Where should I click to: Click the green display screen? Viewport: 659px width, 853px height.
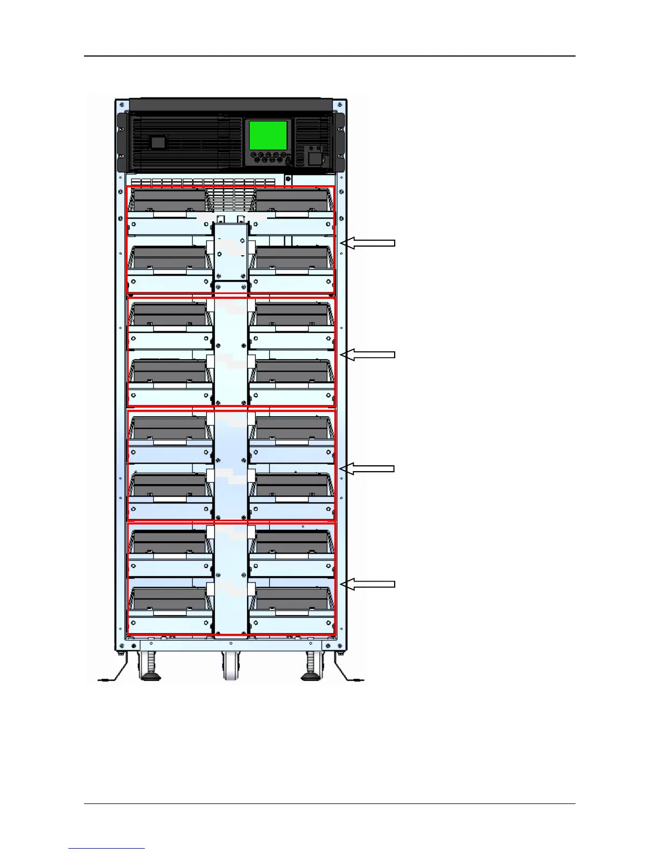[x=268, y=135]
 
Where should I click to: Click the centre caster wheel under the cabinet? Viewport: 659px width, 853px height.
[x=231, y=667]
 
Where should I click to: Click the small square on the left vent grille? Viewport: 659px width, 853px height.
[x=157, y=142]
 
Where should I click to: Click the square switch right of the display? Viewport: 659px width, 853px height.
[x=314, y=158]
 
